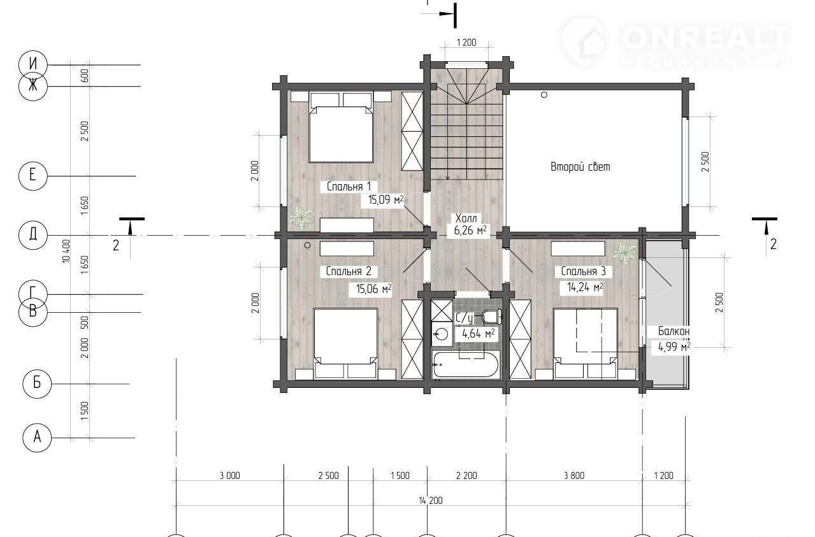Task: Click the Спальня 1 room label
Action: tap(349, 186)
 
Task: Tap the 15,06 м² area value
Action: tap(373, 289)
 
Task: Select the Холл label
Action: tap(466, 218)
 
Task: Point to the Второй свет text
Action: tap(580, 167)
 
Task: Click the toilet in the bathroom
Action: tap(491, 316)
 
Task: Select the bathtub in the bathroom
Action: tap(466, 364)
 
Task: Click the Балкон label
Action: tap(674, 331)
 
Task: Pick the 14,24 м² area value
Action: tap(585, 287)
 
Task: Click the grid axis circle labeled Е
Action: tap(32, 176)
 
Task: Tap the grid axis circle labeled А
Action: tap(37, 438)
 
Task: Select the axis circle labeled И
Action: tap(32, 64)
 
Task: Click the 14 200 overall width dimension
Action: tap(430, 501)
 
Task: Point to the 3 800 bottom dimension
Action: tap(574, 475)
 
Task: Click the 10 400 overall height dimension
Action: tap(66, 251)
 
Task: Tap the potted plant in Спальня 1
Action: tap(301, 217)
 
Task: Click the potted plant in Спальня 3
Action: tap(624, 252)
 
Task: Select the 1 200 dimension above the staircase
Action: tap(466, 43)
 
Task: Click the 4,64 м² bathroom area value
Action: tap(478, 333)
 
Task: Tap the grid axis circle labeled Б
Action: tap(37, 383)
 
